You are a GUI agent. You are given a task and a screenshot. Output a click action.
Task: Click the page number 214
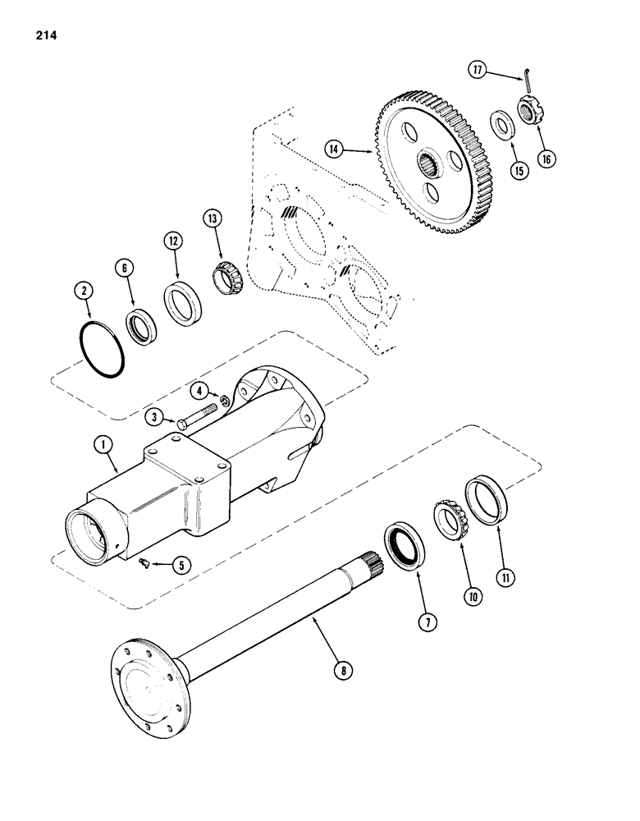tap(46, 35)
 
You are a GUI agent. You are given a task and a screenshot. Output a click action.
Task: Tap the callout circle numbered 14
tap(355, 150)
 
